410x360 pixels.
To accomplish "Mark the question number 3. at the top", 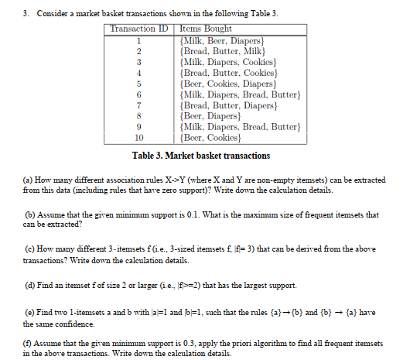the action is point(9,8).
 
